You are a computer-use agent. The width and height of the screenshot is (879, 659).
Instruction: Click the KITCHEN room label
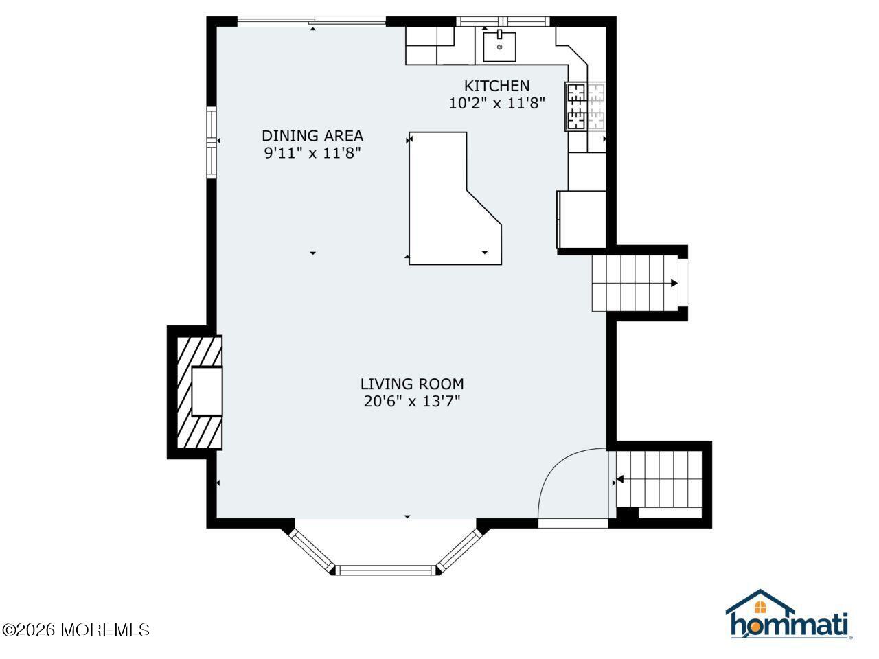point(496,86)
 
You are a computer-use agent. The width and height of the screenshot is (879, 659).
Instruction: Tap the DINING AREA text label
point(312,135)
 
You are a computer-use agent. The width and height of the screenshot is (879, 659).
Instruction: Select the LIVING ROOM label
point(412,384)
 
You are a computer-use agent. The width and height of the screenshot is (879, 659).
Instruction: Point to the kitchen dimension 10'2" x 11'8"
point(496,104)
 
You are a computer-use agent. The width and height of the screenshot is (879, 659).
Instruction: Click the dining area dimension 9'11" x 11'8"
point(312,153)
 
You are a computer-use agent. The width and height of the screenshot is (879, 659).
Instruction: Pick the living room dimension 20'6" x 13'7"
point(412,402)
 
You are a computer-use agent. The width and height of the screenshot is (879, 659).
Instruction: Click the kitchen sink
point(499,47)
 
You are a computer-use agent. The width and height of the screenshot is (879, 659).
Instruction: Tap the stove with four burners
point(586,107)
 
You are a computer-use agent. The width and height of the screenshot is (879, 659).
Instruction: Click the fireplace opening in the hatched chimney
point(207,391)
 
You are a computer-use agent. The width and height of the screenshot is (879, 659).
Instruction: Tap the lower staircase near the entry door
point(659,478)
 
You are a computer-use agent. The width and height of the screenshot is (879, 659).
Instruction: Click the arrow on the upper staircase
point(674,283)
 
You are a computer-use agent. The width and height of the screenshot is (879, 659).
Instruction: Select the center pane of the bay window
point(386,569)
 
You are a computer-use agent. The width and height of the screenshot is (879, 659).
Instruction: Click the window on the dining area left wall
point(212,142)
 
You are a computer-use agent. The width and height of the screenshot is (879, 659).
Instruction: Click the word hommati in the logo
point(789,625)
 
